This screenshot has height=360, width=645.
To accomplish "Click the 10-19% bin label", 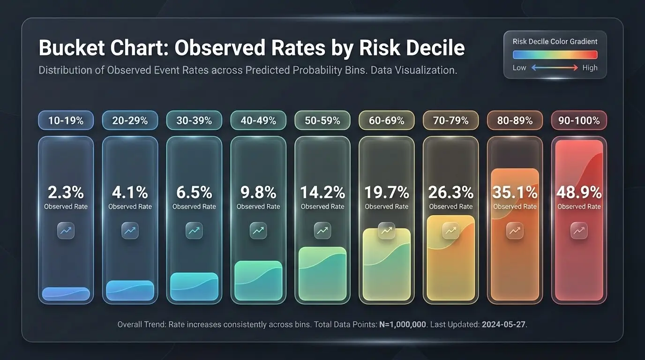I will coord(66,120).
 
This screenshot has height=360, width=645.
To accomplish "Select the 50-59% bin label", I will coord(322,120).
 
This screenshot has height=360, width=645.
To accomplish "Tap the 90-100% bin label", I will coord(579,120).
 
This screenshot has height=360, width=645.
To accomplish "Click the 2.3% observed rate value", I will coord(66,192).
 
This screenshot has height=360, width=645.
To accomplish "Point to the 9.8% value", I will coord(258,192).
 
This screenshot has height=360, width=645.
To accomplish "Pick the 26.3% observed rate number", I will coord(451,192).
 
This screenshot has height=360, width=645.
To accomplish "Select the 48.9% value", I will coord(579,192).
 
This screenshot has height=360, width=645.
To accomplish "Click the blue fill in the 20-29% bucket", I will coord(130,291).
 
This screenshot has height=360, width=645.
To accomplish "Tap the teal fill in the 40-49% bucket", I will coord(258,281).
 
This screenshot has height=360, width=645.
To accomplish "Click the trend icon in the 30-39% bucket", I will coord(194,230).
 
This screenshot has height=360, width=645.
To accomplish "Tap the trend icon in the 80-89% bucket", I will coord(515,230).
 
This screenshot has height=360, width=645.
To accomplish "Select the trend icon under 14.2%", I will coord(322,230).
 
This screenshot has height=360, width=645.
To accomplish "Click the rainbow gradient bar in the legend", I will coord(555,54).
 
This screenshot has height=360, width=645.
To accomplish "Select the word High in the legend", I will coord(590,67).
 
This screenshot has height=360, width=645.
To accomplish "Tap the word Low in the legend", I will coord(519,67).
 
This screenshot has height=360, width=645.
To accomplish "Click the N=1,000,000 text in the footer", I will coord(403,324).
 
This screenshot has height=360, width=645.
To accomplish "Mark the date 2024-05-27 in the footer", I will coord(503,324).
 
